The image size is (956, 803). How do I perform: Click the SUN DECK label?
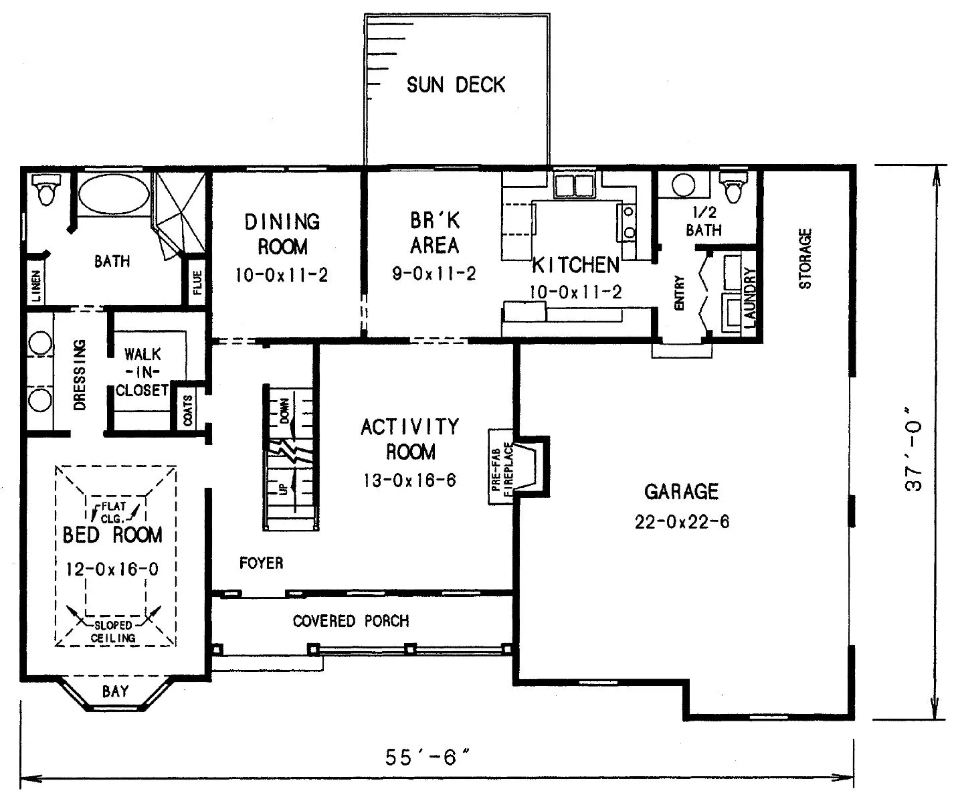[456, 85]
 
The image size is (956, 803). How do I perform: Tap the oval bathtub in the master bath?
[114, 194]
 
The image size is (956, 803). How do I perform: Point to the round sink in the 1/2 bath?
[684, 185]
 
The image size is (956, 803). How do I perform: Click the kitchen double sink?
[574, 185]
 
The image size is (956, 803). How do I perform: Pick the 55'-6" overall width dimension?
[427, 757]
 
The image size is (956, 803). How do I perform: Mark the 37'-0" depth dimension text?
[913, 449]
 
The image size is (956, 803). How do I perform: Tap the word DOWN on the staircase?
[284, 410]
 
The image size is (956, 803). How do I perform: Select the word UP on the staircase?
[282, 489]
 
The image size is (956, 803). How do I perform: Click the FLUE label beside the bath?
[197, 282]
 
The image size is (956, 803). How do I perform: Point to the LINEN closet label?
[36, 286]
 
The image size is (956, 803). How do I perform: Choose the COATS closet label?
[188, 410]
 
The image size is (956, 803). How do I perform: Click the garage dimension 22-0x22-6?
[682, 522]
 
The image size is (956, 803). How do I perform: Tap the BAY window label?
[115, 691]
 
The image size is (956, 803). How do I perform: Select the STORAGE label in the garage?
[805, 259]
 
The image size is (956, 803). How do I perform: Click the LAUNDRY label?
[750, 297]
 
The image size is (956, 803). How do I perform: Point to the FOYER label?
[262, 563]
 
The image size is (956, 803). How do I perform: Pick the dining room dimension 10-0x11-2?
[282, 275]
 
